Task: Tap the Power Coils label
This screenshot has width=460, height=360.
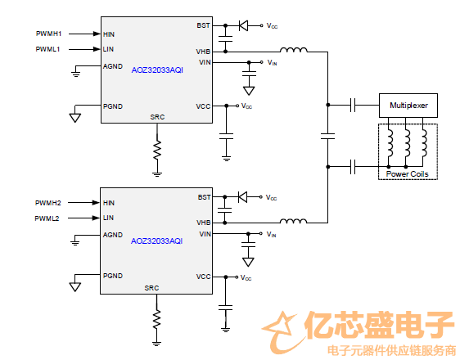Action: click(407, 173)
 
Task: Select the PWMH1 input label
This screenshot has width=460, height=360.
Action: click(48, 34)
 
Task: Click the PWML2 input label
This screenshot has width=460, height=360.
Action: click(47, 218)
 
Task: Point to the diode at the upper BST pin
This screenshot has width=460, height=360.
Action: click(243, 26)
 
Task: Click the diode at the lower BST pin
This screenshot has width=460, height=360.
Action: click(242, 197)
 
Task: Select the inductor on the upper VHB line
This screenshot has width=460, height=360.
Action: click(294, 50)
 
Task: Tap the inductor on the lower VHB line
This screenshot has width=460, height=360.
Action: click(293, 221)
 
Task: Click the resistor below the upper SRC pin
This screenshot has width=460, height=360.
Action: click(157, 150)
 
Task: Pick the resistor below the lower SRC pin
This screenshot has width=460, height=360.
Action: click(156, 320)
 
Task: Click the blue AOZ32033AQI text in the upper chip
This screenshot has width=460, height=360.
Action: click(157, 70)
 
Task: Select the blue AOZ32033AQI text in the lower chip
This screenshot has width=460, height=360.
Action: click(156, 241)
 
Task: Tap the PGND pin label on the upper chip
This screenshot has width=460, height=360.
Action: click(113, 106)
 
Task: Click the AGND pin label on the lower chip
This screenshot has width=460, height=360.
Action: click(113, 235)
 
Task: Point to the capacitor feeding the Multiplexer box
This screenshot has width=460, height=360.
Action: click(353, 105)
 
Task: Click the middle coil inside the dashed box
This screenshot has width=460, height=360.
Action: click(407, 143)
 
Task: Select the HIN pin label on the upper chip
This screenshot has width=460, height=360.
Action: click(109, 34)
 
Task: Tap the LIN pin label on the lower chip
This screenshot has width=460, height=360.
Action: click(108, 218)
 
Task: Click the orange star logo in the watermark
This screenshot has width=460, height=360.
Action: click(280, 331)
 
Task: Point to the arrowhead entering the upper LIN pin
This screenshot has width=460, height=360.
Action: click(97, 49)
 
